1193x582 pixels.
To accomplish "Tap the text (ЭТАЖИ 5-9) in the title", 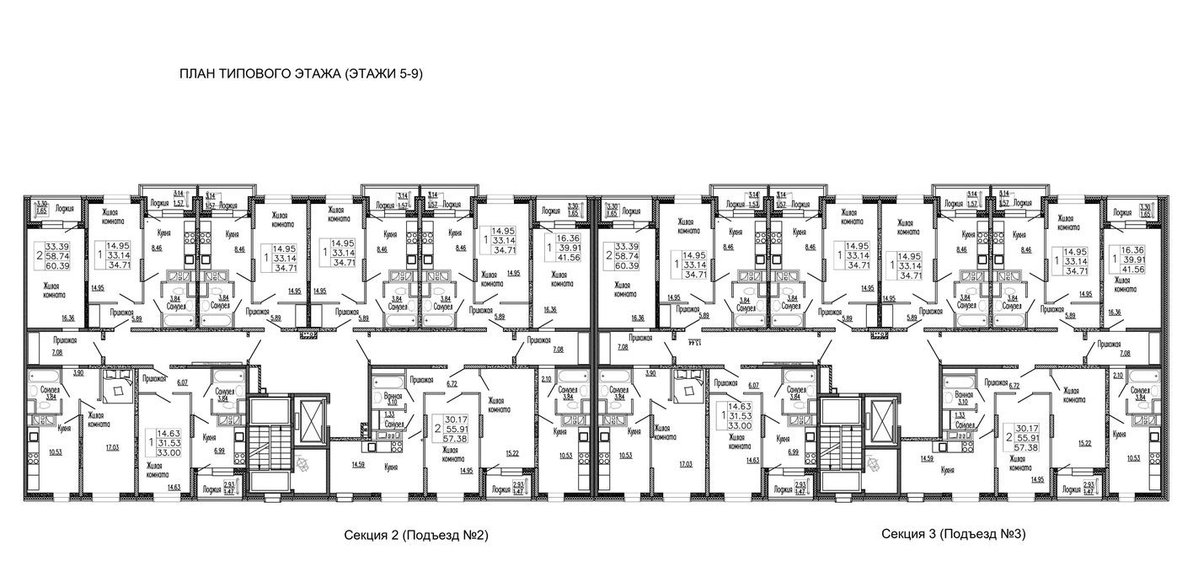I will point(382,73).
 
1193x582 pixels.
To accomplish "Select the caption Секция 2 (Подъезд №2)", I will point(416,535).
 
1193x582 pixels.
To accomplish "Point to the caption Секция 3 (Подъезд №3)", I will point(953,534).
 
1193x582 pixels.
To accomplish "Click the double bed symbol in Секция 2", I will point(116,387).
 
